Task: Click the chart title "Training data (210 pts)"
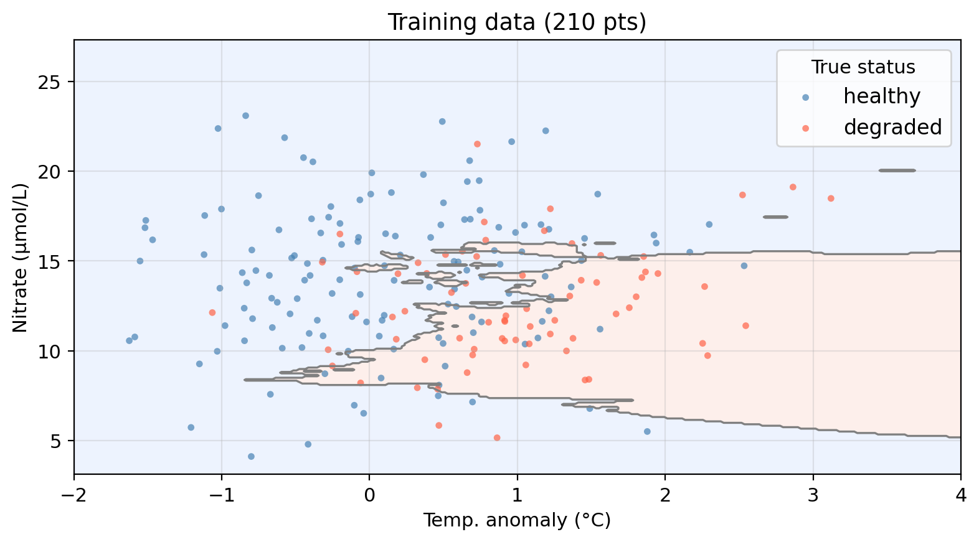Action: point(517,22)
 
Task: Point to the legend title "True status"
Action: point(863,67)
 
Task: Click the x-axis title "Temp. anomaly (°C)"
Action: point(517,520)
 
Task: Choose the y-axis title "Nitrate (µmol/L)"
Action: point(20,258)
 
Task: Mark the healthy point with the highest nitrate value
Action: point(245,116)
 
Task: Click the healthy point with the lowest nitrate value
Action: point(251,456)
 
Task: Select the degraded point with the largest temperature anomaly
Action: point(831,199)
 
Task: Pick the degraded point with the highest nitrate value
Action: point(477,144)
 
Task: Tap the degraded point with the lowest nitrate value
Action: point(497,438)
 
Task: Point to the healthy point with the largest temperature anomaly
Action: point(744,266)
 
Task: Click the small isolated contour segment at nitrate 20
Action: point(897,171)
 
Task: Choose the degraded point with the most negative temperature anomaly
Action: point(212,312)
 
